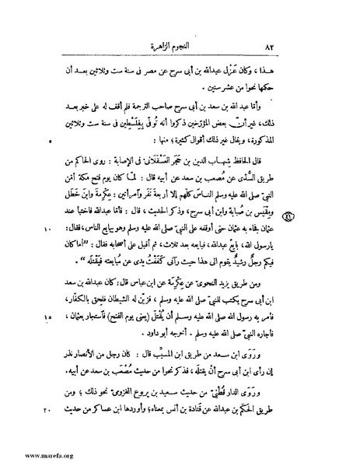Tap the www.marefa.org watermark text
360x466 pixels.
pyautogui.click(x=29, y=457)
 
